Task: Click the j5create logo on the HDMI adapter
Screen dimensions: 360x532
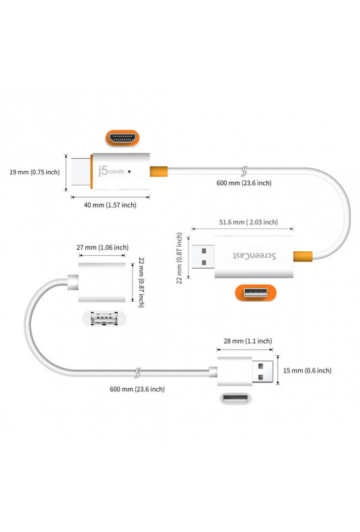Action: [x=111, y=171]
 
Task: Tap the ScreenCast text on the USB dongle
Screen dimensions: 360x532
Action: [x=254, y=255]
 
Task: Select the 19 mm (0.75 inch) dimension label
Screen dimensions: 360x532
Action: [x=34, y=172]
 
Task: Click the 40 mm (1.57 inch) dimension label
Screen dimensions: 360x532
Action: [x=110, y=205]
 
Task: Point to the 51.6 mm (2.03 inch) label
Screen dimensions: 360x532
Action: [x=248, y=222]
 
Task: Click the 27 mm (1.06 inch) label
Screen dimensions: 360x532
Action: [x=102, y=247]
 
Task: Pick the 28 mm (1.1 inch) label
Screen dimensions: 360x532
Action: [x=248, y=341]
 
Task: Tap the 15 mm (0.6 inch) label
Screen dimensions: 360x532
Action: [x=307, y=370]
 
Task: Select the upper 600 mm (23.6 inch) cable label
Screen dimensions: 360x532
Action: [x=244, y=183]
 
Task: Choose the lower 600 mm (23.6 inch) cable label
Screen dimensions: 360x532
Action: [x=137, y=389]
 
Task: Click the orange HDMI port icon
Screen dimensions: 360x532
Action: [x=122, y=139]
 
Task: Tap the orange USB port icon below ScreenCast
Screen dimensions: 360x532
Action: [x=256, y=293]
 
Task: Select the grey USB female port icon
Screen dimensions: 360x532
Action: [x=104, y=319]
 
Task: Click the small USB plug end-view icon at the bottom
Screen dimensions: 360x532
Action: [x=236, y=398]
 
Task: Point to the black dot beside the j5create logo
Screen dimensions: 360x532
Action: [x=129, y=172]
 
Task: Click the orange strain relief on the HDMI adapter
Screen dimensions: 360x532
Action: [x=159, y=171]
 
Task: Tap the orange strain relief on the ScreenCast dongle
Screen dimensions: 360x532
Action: [x=303, y=256]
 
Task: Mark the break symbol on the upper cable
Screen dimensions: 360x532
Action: [x=244, y=171]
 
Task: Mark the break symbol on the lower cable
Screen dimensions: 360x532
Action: [x=137, y=373]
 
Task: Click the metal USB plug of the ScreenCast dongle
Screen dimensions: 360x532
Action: [x=203, y=257]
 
